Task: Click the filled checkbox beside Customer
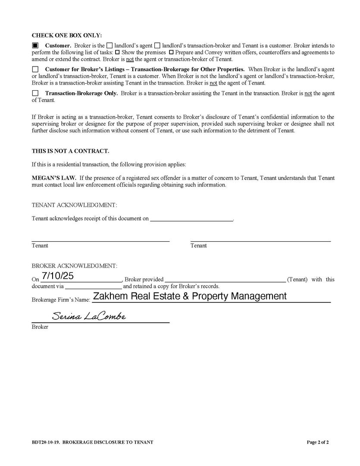tap(35, 45)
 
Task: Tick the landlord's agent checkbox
tap(110, 45)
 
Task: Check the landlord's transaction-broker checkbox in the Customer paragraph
tap(157, 45)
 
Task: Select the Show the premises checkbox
tap(117, 52)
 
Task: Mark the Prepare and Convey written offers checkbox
tap(171, 52)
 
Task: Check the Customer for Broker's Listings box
tap(35, 69)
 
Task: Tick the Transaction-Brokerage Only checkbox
tap(35, 93)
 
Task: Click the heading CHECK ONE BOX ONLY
tap(67, 35)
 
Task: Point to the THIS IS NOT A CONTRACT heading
tap(70, 151)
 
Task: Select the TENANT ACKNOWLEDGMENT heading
tap(74, 205)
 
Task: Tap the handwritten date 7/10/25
tap(57, 274)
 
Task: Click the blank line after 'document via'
tap(93, 286)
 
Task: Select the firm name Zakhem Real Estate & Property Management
tap(190, 296)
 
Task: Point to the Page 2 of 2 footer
tap(317, 442)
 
